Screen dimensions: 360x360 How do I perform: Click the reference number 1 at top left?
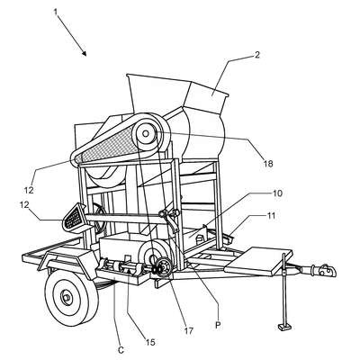click(56, 12)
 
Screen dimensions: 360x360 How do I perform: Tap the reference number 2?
click(257, 55)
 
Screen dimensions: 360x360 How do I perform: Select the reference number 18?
click(268, 164)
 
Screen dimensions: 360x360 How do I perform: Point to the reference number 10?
click(278, 193)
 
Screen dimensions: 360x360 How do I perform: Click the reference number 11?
click(270, 216)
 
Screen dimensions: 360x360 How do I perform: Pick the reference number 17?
click(189, 330)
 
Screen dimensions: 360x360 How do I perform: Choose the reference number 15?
click(150, 342)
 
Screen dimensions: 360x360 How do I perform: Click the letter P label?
click(218, 326)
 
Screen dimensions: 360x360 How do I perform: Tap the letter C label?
click(121, 350)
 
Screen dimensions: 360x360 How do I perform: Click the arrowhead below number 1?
click(85, 53)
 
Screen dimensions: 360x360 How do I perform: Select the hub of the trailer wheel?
click(67, 297)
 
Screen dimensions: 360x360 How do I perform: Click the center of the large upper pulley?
click(146, 133)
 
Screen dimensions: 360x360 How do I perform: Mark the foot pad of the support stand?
click(284, 327)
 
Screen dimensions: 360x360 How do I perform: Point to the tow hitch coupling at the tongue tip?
click(323, 270)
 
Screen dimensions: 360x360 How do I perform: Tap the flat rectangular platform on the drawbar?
click(259, 260)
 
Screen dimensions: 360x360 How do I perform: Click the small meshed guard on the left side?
click(74, 216)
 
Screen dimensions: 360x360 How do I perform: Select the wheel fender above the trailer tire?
click(67, 260)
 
